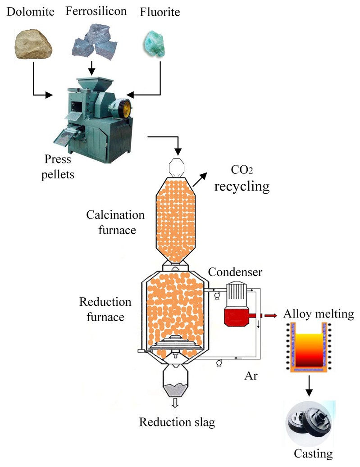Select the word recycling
pyautogui.click(x=242, y=186)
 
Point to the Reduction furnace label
pyautogui.click(x=105, y=309)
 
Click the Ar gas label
pyautogui.click(x=251, y=375)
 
